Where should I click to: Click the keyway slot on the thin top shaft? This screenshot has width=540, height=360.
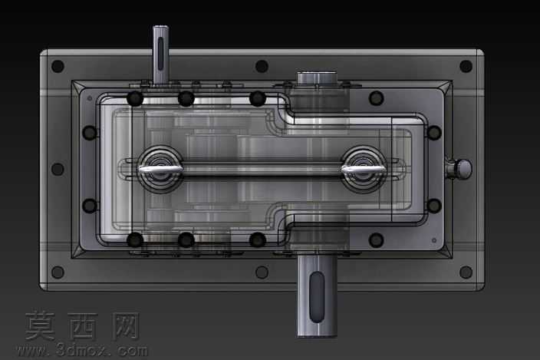click(160, 54)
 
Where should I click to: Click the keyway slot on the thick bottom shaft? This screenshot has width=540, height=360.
click(317, 297)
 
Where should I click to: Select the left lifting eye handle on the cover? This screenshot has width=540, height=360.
click(160, 169)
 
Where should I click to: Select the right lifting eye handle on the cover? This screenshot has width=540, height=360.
click(364, 169)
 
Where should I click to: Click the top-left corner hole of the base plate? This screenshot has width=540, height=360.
click(58, 66)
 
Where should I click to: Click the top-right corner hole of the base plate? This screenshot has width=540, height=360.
click(466, 66)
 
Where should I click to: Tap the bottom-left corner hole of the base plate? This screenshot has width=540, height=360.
click(58, 272)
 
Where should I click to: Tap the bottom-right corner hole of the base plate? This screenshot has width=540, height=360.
click(466, 272)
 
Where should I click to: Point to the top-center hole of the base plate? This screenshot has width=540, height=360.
click(262, 66)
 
